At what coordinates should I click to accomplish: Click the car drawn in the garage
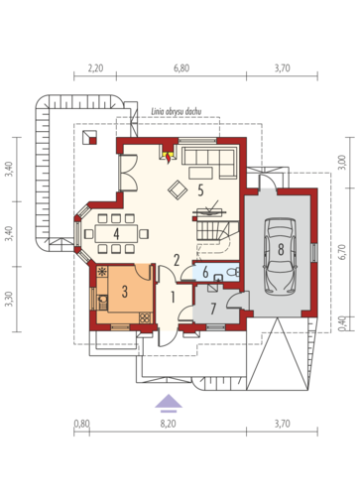[x=281, y=256]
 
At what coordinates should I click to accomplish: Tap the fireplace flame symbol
[x=169, y=157]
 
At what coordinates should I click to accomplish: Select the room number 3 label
[x=124, y=292]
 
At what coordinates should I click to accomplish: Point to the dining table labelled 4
[x=116, y=234]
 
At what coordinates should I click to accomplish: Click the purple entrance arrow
[x=169, y=404]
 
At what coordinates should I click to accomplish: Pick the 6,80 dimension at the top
[x=181, y=68]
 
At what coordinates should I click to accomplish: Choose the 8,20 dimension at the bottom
[x=169, y=424]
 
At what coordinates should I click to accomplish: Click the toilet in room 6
[x=233, y=272]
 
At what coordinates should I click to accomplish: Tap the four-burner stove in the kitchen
[x=145, y=317]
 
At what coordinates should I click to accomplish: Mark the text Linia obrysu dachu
[x=177, y=111]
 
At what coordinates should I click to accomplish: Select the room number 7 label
[x=213, y=309]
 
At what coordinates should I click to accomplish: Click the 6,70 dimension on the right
[x=342, y=252]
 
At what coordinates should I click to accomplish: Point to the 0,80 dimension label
[x=81, y=424]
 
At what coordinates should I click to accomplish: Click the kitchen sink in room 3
[x=103, y=300]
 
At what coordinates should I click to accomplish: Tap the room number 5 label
[x=200, y=190]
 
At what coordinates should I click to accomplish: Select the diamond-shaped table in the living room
[x=178, y=189]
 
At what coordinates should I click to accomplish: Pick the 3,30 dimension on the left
[x=10, y=299]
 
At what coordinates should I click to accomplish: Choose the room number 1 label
[x=173, y=297]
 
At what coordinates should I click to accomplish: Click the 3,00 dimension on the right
[x=342, y=163]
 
